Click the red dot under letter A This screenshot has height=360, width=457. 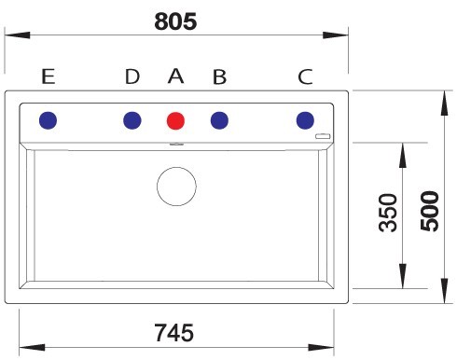175,120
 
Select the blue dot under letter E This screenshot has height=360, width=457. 48,120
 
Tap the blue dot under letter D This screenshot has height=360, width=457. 132,120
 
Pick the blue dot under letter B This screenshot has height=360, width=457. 219,120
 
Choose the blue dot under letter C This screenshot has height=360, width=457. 305,120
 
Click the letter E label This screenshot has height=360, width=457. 48,76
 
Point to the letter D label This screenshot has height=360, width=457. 132,76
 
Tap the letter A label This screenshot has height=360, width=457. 175,76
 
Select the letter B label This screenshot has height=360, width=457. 219,76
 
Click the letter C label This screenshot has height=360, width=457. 305,76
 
